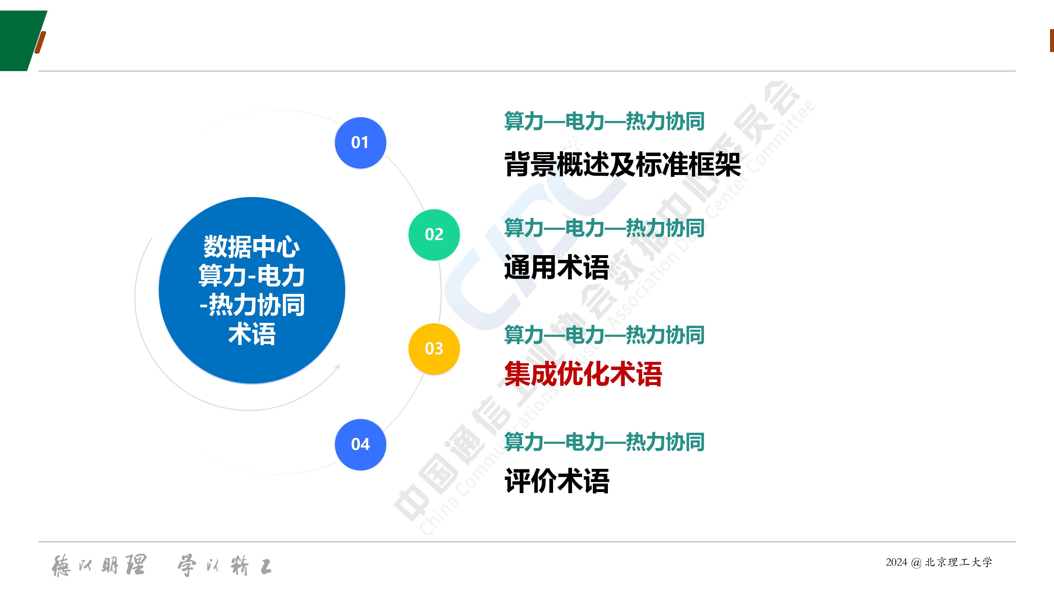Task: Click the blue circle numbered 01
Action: [360, 143]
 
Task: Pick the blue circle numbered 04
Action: [360, 444]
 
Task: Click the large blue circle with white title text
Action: [252, 290]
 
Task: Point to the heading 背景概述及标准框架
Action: [622, 164]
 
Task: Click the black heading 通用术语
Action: [557, 267]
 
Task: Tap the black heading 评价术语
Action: [557, 481]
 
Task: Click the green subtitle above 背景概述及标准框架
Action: [604, 121]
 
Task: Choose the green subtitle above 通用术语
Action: [604, 228]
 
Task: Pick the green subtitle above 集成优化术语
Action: [604, 335]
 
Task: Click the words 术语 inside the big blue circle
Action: [252, 334]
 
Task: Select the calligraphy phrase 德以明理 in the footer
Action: [99, 566]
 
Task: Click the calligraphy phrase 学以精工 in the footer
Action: [225, 566]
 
